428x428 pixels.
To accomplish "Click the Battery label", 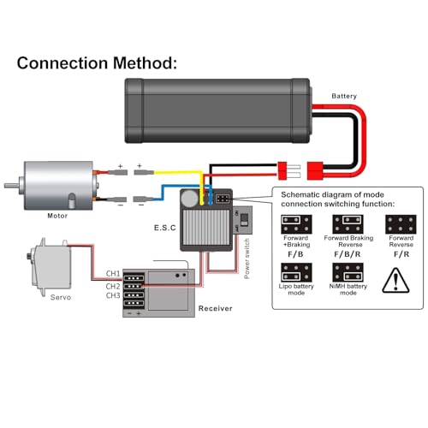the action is (344, 96).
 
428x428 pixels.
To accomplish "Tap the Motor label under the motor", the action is (57, 216).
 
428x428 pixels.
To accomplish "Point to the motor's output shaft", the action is (12, 186).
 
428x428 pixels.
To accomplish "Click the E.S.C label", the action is (165, 228).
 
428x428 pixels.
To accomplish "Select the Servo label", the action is (61, 297).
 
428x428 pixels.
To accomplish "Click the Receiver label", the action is (215, 308).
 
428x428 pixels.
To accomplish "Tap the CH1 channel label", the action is (113, 273).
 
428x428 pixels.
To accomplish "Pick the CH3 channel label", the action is (113, 295).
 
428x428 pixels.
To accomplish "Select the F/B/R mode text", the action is (348, 254).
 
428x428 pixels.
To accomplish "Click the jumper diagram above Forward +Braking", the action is (296, 224).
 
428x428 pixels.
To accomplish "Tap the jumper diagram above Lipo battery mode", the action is (296, 272).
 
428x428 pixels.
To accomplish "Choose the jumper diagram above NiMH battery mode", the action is (348, 272).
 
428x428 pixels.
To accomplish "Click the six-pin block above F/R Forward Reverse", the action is (401, 224).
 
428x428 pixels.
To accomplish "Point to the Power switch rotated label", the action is (247, 259).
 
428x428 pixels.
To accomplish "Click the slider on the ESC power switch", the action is (244, 219).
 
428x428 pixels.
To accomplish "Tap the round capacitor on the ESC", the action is (190, 199).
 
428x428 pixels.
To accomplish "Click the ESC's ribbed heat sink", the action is (206, 228).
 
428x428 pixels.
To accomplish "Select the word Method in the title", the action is (145, 62).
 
